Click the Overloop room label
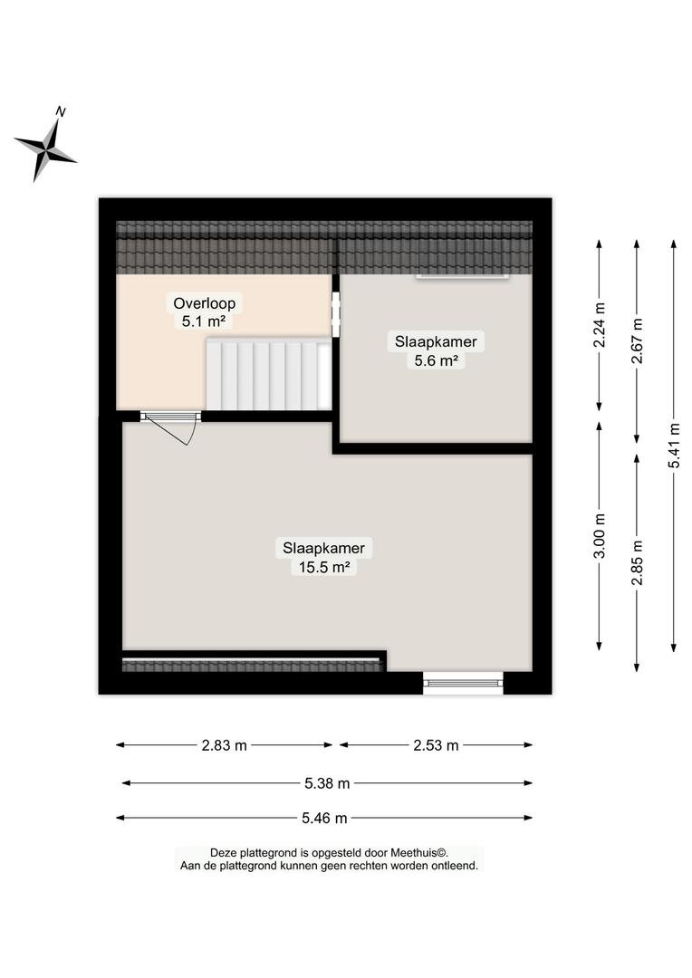click(x=204, y=303)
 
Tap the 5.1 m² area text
click(x=204, y=321)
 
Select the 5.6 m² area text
click(x=437, y=360)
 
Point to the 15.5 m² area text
click(x=323, y=567)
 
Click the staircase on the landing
click(x=269, y=375)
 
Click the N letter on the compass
click(x=61, y=111)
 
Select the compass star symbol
click(x=45, y=150)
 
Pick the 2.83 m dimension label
click(x=224, y=744)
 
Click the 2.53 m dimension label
click(x=436, y=744)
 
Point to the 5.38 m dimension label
click(x=327, y=783)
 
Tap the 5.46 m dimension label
click(x=324, y=818)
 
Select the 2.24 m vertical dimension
click(x=599, y=325)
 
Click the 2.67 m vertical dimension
click(x=637, y=341)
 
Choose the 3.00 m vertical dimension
click(x=599, y=536)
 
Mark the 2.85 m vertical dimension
click(x=637, y=563)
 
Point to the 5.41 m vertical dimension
click(x=674, y=446)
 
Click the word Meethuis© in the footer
click(x=419, y=853)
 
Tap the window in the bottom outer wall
click(x=463, y=683)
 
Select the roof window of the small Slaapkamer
click(x=462, y=275)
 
